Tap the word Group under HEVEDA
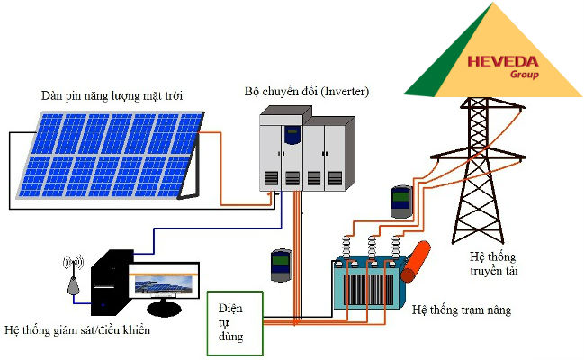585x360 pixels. click(x=523, y=76)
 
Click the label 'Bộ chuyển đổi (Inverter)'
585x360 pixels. click(x=306, y=92)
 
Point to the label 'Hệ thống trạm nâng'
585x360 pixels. click(x=461, y=310)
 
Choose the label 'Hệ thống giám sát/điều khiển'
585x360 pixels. click(x=77, y=330)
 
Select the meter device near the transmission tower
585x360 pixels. click(x=400, y=202)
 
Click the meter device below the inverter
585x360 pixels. click(x=282, y=265)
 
